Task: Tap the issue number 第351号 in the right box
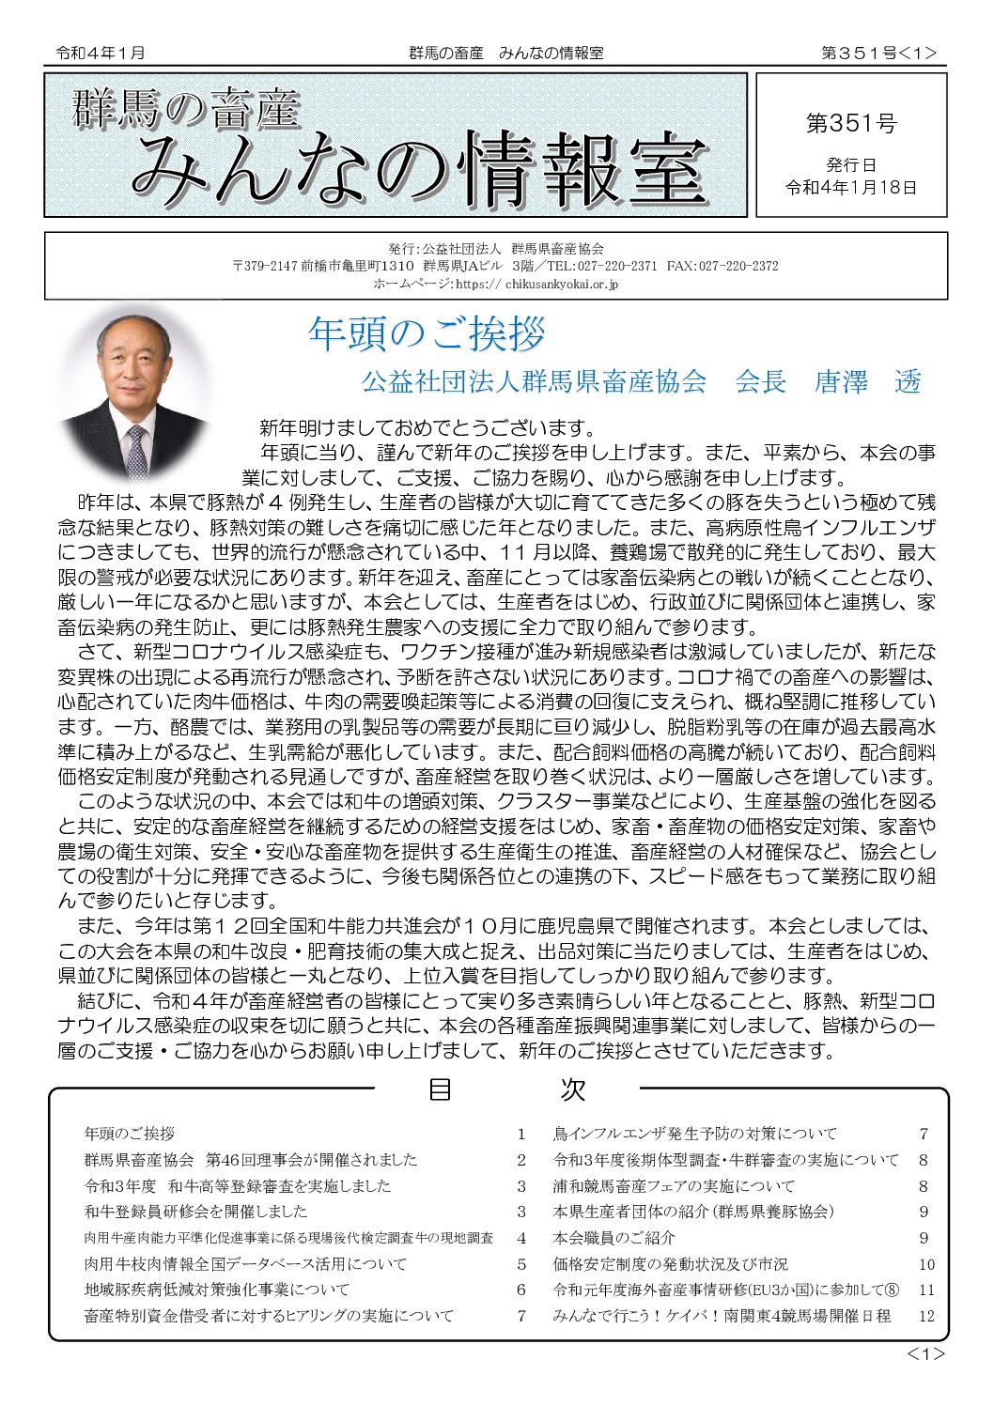(851, 123)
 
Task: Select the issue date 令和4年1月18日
(851, 187)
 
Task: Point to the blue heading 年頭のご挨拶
(427, 333)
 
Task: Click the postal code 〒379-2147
(265, 266)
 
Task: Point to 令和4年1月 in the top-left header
(101, 54)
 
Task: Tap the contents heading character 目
(440, 1089)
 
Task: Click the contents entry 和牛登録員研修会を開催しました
(195, 1212)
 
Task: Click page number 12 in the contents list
(926, 1316)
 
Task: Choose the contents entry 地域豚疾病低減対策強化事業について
(216, 1290)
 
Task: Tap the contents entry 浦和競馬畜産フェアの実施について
(674, 1186)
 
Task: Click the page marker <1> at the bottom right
(924, 1353)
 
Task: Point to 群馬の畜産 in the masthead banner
(185, 109)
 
